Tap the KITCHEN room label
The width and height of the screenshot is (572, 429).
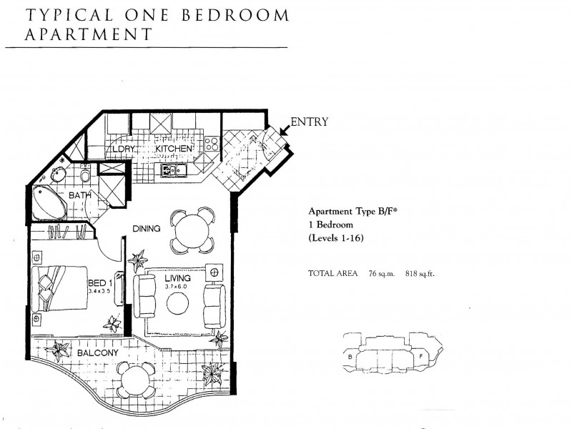point(174,149)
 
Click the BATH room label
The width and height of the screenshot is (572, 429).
point(79,194)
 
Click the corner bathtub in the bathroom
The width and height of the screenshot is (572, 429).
point(49,201)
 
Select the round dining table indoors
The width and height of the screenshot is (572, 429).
point(192,230)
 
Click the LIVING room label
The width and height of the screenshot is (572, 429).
point(177,277)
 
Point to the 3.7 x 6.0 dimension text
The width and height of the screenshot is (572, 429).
point(177,286)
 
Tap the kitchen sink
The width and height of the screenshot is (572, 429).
point(172,170)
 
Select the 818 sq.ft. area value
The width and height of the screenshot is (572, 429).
point(420,273)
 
